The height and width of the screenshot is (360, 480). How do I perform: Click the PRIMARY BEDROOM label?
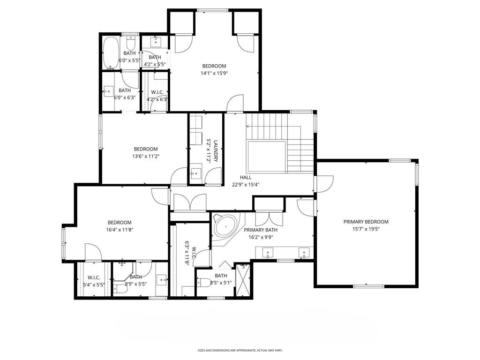[x=366, y=222]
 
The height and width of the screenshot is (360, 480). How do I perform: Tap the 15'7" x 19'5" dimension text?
[x=366, y=229]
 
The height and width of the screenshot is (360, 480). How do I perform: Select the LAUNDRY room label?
[x=216, y=151]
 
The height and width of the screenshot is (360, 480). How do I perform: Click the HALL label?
[x=246, y=177]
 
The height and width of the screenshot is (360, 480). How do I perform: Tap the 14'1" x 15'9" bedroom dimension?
[x=214, y=73]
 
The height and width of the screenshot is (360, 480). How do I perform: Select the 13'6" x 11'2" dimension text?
[x=146, y=156]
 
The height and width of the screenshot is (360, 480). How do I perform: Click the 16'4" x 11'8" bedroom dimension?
[x=120, y=230]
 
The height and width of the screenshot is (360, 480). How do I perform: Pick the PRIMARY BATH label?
[x=261, y=230]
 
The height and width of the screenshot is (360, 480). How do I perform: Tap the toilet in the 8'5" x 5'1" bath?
[x=203, y=282]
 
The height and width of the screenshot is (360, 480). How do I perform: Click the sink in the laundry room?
[x=195, y=173]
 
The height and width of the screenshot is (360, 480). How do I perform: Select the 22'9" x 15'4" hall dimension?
[x=246, y=184]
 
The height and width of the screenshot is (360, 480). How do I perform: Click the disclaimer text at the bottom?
[x=240, y=350]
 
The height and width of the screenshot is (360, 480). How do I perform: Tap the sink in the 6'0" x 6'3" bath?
[x=108, y=91]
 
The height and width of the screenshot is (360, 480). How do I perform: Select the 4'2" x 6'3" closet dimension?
[x=157, y=99]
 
